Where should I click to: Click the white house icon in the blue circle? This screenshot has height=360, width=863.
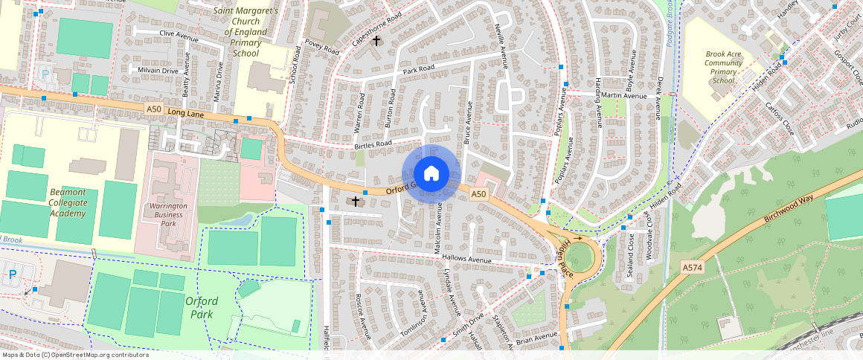click(x=431, y=174)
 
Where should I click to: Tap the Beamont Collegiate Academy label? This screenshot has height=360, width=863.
click(x=68, y=202)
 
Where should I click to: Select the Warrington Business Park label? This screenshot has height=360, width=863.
click(x=168, y=215)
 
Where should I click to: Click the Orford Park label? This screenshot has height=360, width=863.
click(x=201, y=307)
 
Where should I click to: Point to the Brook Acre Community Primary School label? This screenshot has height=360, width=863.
click(x=724, y=68)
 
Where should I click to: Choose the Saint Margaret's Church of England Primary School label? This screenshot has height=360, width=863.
click(x=246, y=32)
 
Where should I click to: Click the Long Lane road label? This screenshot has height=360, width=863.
click(x=186, y=112)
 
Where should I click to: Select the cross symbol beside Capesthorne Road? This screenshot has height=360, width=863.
click(x=377, y=40)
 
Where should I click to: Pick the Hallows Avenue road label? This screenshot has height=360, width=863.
click(x=467, y=259)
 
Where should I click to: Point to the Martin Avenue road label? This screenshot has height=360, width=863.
click(x=624, y=95)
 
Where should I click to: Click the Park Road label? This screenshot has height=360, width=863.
click(x=418, y=69)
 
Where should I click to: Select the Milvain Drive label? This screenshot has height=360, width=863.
click(x=158, y=71)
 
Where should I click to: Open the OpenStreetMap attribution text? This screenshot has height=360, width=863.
click(x=74, y=355)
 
